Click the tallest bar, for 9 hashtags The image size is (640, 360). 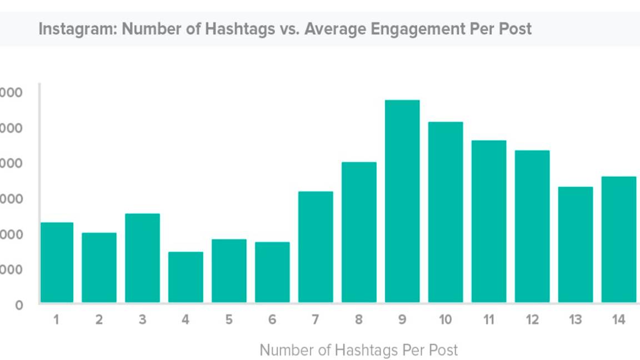click(402, 201)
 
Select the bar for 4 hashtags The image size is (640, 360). click(186, 277)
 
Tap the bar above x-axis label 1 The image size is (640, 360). click(56, 262)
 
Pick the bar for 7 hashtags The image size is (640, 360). click(316, 247)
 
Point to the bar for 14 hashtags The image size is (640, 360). click(619, 239)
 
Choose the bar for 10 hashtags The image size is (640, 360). click(446, 212)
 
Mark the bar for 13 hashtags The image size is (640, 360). click(576, 244)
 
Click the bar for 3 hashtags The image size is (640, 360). click(142, 258)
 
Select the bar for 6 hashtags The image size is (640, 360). click(272, 272)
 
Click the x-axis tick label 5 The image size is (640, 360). click(229, 320)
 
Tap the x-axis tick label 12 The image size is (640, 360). click(532, 320)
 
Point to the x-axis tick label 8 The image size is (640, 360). click(359, 320)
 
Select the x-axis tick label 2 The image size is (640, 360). click(99, 320)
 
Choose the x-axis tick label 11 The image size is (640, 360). click(489, 320)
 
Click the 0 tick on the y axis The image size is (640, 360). click(19, 305)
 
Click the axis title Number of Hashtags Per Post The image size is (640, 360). click(359, 351)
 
